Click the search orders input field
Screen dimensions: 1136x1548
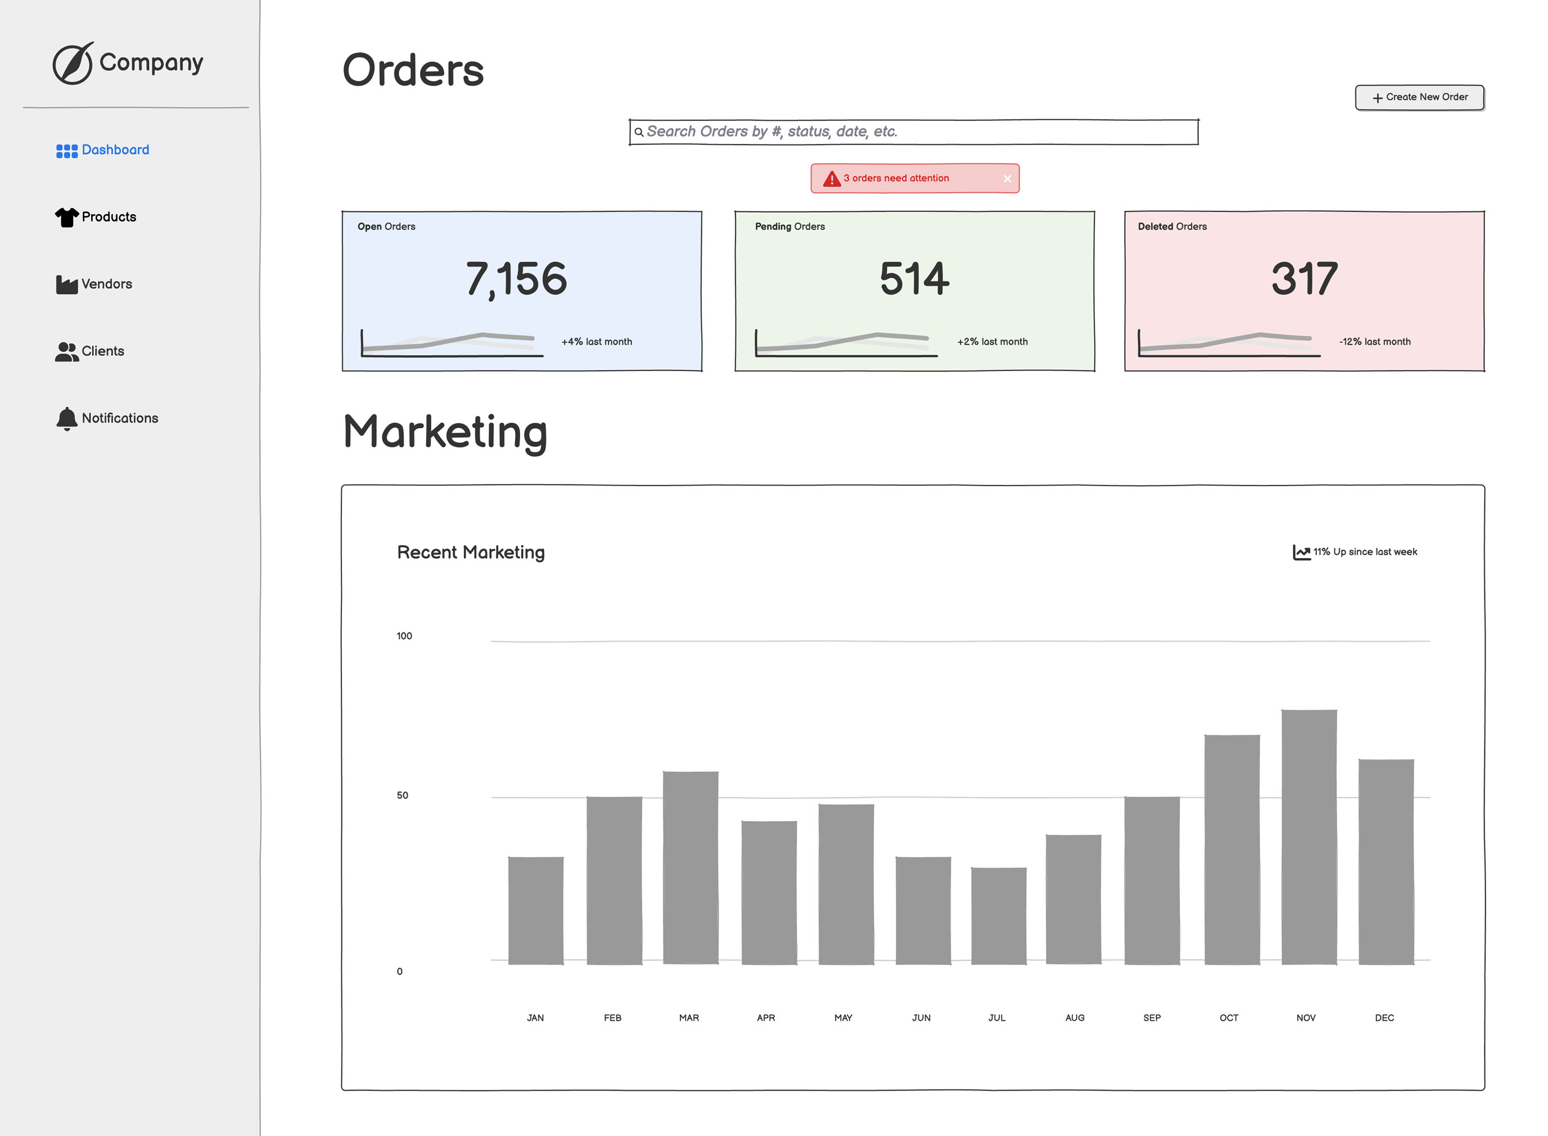[x=913, y=132]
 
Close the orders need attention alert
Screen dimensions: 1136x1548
[x=1007, y=179]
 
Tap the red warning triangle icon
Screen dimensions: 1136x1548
[x=832, y=179]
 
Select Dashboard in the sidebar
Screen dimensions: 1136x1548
[x=102, y=150]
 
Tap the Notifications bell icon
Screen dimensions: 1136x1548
[x=67, y=419]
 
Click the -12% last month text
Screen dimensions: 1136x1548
[x=1374, y=342]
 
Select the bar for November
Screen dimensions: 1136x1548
[x=1308, y=837]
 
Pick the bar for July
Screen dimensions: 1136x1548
[x=999, y=916]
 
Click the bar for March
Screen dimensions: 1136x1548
[x=690, y=868]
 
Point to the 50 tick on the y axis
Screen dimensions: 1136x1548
[x=402, y=795]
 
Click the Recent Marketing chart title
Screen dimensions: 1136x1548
[x=471, y=552]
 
